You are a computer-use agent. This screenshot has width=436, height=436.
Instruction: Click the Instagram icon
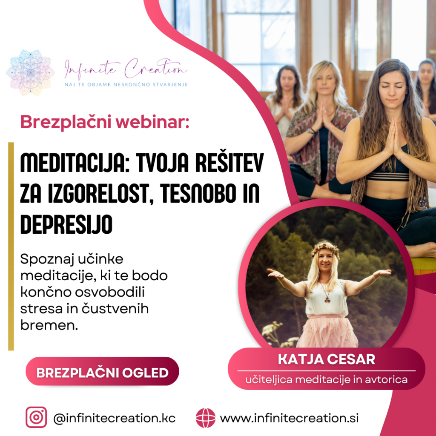36,417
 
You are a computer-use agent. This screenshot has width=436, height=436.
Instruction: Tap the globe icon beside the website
206,418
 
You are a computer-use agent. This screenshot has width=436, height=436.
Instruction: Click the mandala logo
30,72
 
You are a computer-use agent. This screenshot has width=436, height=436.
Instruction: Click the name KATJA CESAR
327,359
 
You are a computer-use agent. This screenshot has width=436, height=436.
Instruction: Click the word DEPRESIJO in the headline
66,224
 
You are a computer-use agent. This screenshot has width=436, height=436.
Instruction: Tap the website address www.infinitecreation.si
289,418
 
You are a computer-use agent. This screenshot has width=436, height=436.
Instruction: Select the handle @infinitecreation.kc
114,418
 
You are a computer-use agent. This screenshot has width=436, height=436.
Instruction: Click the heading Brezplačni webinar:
105,122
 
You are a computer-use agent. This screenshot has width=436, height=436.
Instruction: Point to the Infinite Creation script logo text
126,69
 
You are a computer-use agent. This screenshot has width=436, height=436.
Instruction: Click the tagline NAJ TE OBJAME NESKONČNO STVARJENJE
126,85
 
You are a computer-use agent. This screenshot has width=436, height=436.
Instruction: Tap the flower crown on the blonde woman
325,248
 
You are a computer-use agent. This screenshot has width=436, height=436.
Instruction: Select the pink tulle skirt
327,331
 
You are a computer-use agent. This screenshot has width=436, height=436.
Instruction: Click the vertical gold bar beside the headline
11,247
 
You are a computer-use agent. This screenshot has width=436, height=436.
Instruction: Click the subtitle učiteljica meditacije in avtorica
327,379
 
